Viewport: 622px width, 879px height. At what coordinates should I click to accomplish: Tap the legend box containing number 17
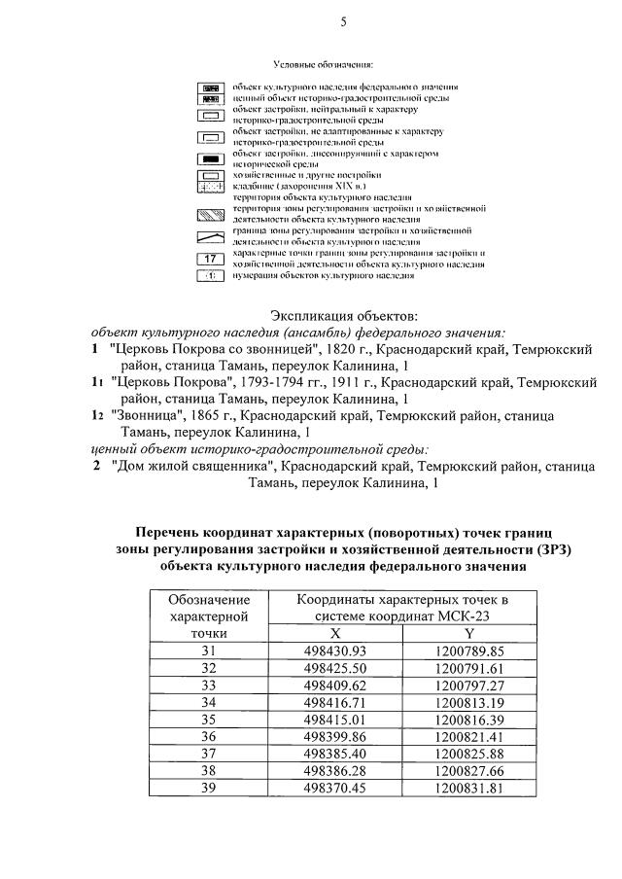[x=211, y=259]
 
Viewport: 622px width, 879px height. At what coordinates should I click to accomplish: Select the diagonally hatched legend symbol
[x=211, y=215]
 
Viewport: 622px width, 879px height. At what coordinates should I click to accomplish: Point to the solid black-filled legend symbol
[x=211, y=158]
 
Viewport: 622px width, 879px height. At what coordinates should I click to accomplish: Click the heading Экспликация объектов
[x=343, y=316]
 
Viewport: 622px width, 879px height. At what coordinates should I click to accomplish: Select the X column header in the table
[x=334, y=632]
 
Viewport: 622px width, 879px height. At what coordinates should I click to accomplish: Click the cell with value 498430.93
[x=334, y=650]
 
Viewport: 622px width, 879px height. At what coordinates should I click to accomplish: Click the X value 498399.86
[x=334, y=736]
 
